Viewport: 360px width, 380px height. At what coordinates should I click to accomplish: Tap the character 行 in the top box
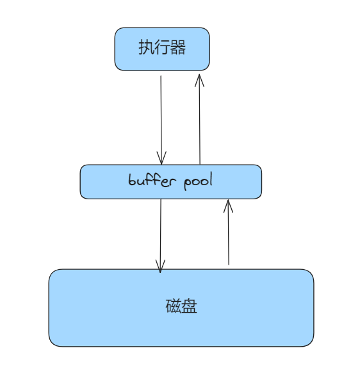pyautogui.click(x=162, y=48)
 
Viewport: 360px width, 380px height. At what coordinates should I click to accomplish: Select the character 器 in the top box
pyautogui.click(x=178, y=48)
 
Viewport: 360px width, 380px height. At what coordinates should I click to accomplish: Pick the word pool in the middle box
pyautogui.click(x=198, y=181)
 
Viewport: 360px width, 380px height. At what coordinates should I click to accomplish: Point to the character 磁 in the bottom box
pyautogui.click(x=173, y=306)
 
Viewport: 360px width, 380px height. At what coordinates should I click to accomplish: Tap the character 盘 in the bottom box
pyautogui.click(x=189, y=306)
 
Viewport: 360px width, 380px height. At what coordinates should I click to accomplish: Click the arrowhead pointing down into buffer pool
pyautogui.click(x=161, y=159)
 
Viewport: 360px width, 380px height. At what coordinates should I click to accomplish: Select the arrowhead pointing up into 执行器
pyautogui.click(x=199, y=79)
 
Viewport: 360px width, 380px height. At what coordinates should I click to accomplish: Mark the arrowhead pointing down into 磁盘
pyautogui.click(x=160, y=267)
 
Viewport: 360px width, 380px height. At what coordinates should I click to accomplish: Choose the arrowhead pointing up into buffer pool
pyautogui.click(x=227, y=205)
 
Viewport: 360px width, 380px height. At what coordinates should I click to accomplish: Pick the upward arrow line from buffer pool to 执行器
pyautogui.click(x=200, y=122)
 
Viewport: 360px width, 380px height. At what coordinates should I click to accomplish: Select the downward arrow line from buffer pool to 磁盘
pyautogui.click(x=160, y=231)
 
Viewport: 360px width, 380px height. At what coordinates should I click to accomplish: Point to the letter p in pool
pyautogui.click(x=188, y=182)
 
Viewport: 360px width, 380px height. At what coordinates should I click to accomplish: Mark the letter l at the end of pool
pyautogui.click(x=210, y=179)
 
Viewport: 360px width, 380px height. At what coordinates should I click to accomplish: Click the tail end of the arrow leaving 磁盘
pyautogui.click(x=229, y=263)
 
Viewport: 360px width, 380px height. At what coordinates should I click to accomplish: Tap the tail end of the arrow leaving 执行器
pyautogui.click(x=161, y=77)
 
